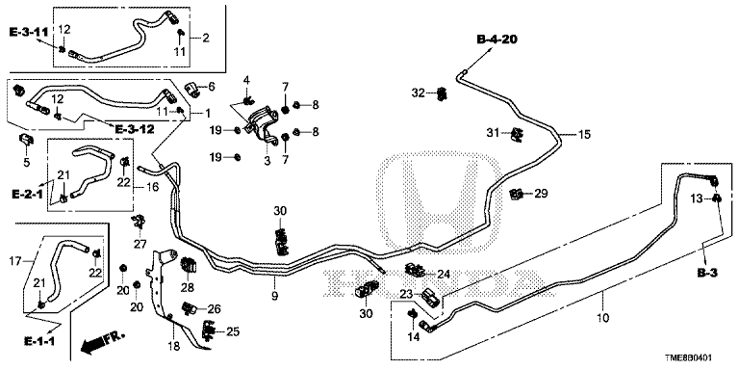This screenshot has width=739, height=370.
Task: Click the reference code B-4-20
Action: [x=497, y=40]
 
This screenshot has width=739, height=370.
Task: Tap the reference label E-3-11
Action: [x=28, y=32]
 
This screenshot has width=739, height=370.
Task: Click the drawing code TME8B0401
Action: [x=695, y=358]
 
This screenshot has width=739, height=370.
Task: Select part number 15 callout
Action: [x=584, y=135]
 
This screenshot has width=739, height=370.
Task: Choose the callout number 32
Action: [x=418, y=92]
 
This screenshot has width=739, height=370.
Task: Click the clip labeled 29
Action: [x=517, y=193]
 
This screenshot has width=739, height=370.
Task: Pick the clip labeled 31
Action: [x=518, y=135]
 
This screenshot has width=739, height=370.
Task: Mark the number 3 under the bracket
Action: [x=268, y=161]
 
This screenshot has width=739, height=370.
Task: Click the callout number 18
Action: [x=173, y=347]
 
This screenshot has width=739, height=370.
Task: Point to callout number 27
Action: [x=140, y=244]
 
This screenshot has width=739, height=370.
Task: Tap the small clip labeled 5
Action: [x=26, y=140]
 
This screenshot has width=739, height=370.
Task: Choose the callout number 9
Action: [x=275, y=296]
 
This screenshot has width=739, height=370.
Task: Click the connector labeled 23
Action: [x=432, y=298]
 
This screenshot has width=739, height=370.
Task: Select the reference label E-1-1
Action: [x=38, y=340]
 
